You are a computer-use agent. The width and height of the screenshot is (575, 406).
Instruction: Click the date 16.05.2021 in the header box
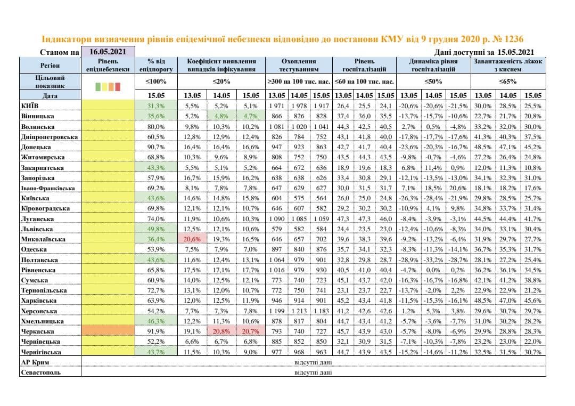click(x=108, y=52)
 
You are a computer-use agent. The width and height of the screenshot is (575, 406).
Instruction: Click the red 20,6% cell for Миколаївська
click(x=192, y=239)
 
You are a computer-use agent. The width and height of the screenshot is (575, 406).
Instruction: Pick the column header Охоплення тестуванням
click(x=299, y=66)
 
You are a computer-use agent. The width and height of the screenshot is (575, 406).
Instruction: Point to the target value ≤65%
click(x=508, y=82)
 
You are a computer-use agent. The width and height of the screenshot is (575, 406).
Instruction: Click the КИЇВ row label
click(x=30, y=106)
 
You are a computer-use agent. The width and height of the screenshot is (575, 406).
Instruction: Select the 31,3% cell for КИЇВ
click(x=156, y=105)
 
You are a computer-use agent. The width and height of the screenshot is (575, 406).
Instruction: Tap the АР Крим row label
click(x=35, y=362)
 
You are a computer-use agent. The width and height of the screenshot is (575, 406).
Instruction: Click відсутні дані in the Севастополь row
click(x=313, y=372)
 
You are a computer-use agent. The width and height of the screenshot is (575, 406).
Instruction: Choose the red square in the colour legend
click(x=118, y=87)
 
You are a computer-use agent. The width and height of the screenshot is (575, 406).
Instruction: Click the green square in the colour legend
click(x=98, y=87)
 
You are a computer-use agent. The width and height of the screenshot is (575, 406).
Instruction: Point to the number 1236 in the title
click(x=513, y=39)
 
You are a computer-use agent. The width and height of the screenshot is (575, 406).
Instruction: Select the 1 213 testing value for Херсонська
click(x=299, y=311)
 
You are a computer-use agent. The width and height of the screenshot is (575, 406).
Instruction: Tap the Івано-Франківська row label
click(x=48, y=188)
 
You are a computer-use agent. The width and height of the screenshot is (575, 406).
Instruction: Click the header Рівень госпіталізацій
click(x=364, y=66)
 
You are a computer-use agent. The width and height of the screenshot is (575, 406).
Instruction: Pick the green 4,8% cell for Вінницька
click(x=221, y=116)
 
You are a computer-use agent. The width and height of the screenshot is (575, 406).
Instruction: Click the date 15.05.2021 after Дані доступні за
click(x=515, y=52)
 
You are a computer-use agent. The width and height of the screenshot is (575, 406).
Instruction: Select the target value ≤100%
click(x=156, y=82)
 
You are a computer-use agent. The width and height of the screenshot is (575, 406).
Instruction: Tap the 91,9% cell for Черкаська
click(x=156, y=331)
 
